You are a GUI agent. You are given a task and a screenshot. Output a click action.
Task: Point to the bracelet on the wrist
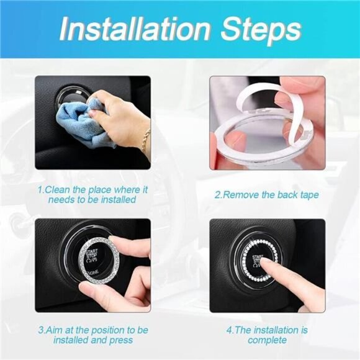coord(145,139)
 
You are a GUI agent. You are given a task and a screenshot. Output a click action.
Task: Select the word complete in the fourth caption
coord(267,340)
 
